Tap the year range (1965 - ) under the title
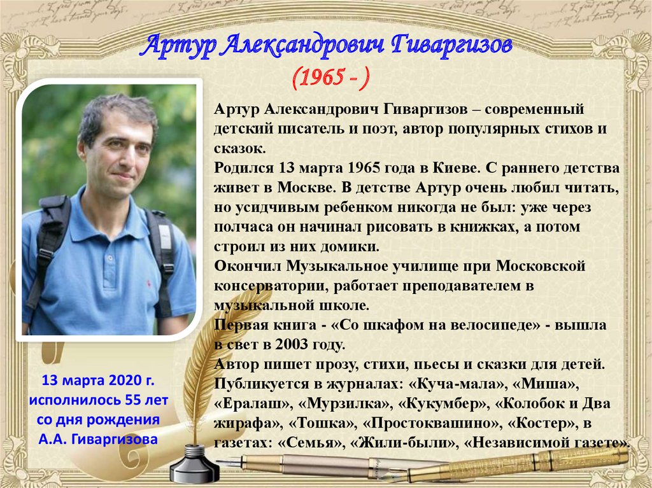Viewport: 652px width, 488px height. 330,78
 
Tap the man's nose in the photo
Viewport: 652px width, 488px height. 120,156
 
